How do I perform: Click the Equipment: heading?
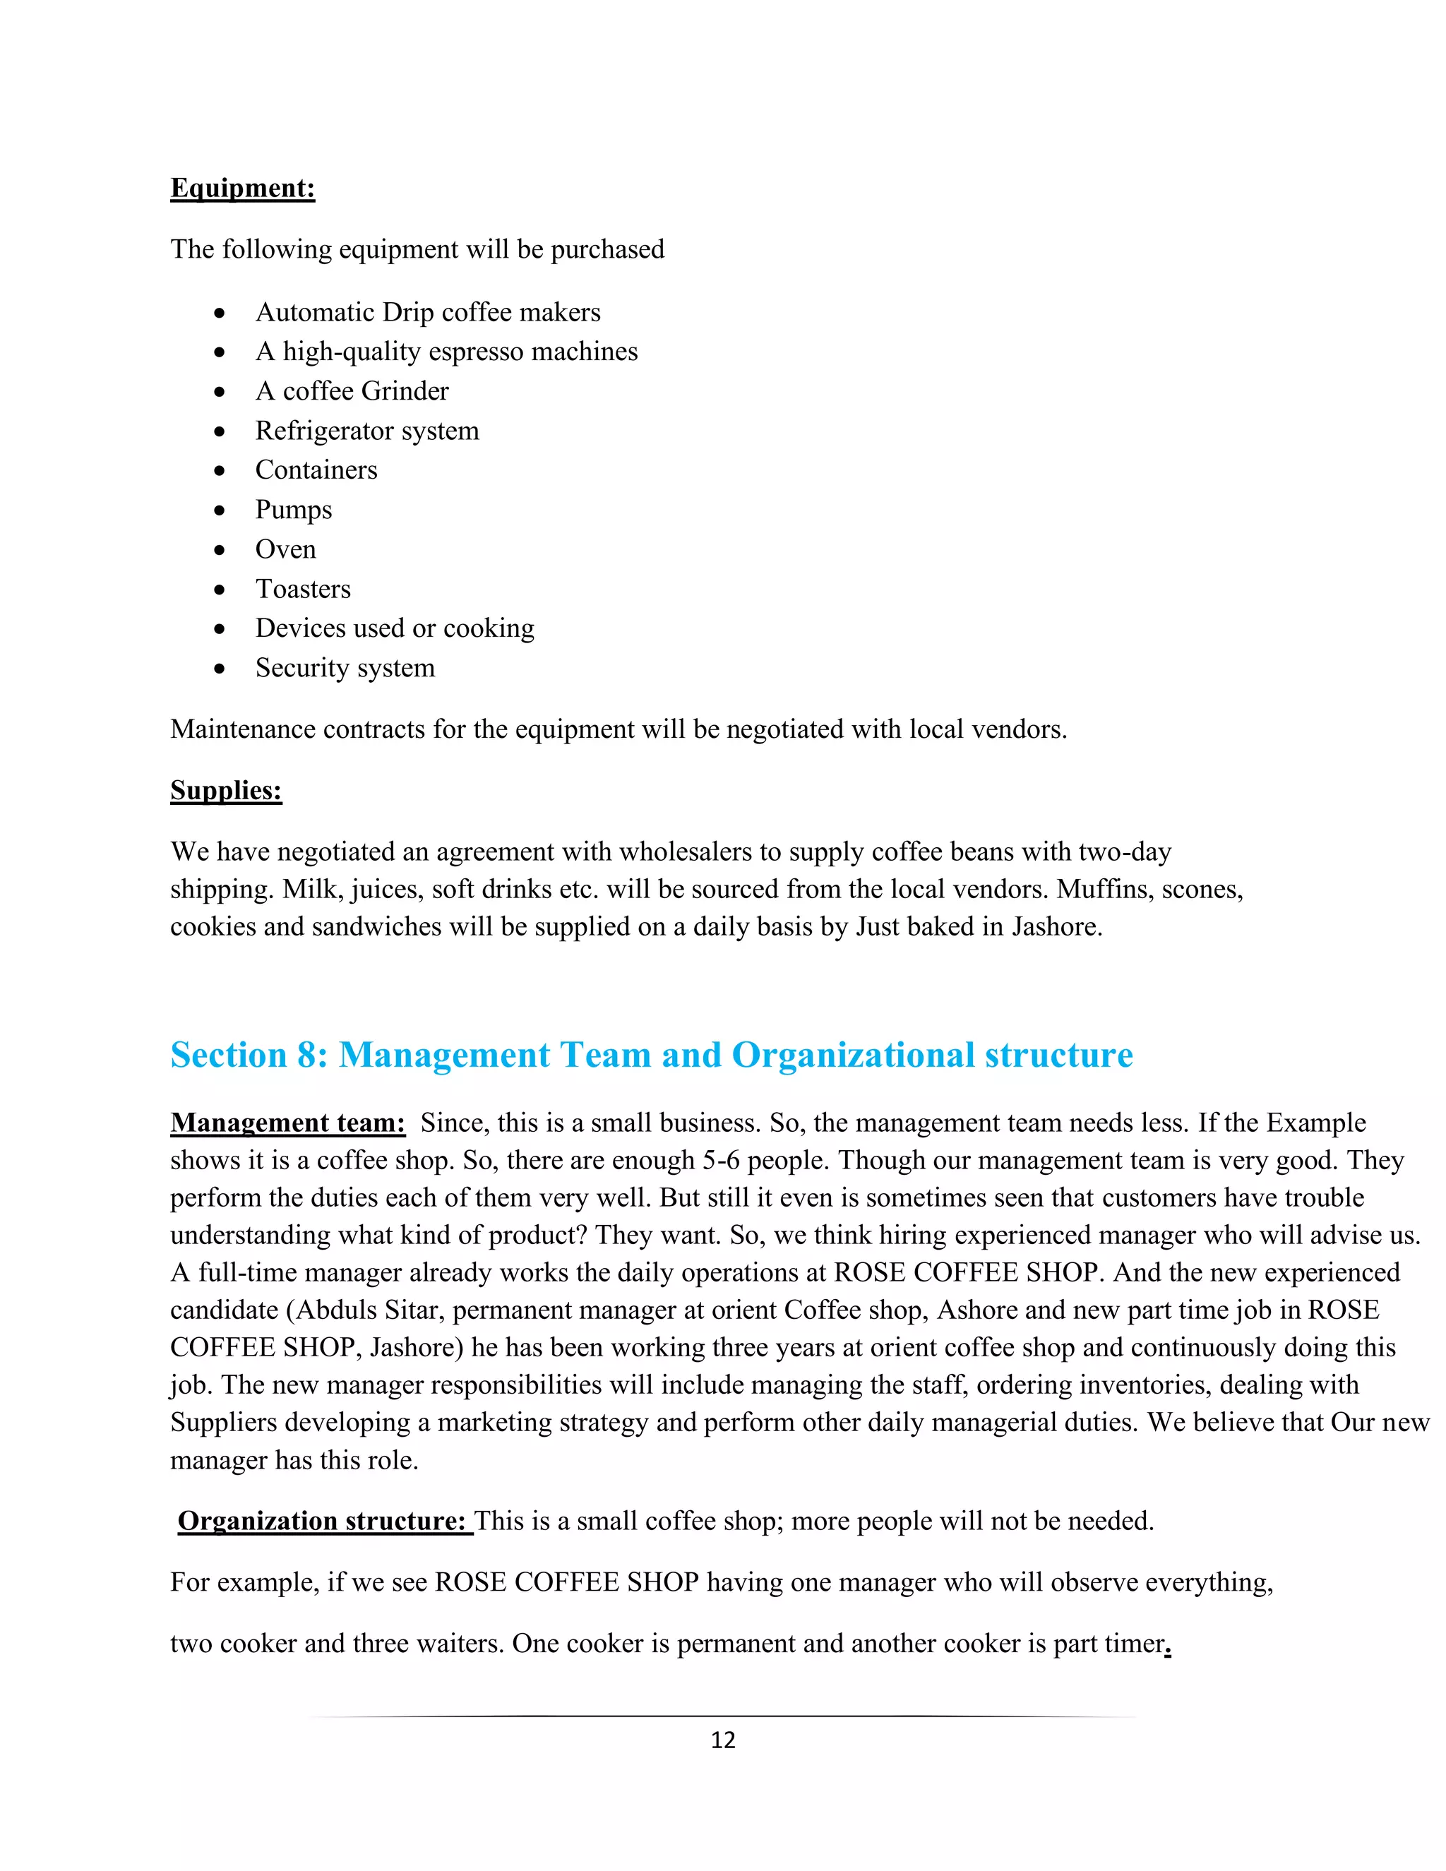tap(242, 188)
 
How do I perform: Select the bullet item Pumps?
tap(293, 510)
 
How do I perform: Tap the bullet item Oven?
tap(285, 549)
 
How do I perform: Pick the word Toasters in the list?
tap(302, 589)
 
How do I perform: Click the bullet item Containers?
tap(316, 470)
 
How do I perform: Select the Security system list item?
tap(345, 667)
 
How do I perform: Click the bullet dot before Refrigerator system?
tap(220, 431)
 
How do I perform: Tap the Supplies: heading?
tap(226, 790)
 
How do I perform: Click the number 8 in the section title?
tap(306, 1055)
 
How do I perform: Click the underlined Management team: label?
tap(288, 1123)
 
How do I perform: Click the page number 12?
tap(723, 1740)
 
